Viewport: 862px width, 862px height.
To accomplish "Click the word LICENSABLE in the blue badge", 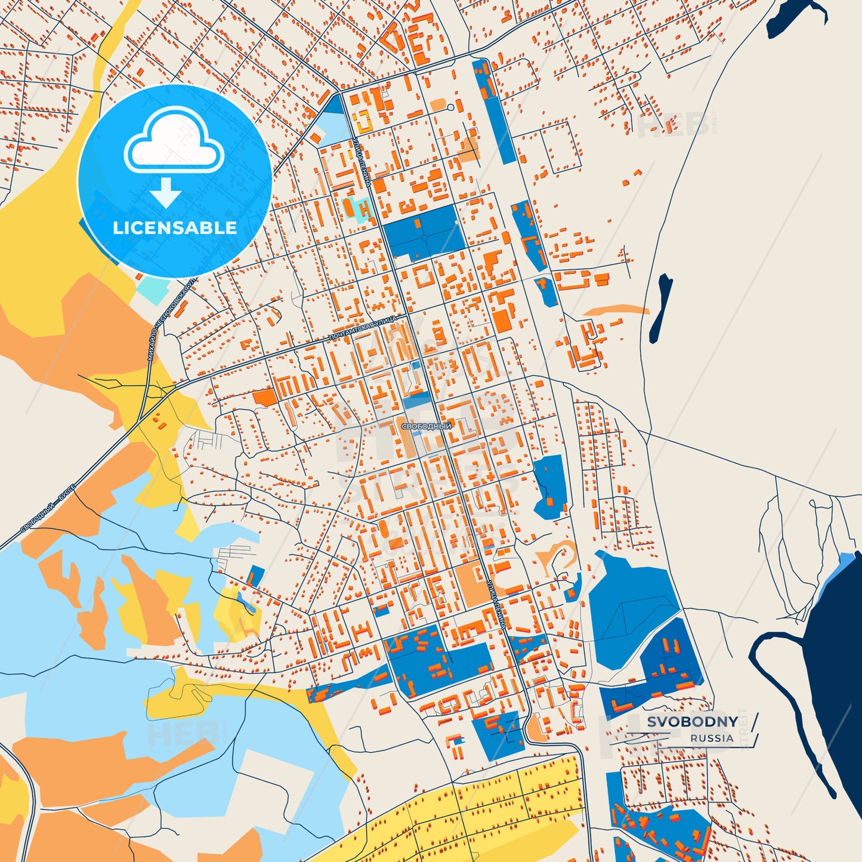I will click(x=175, y=228).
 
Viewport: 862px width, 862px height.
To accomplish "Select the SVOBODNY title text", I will click(x=692, y=722).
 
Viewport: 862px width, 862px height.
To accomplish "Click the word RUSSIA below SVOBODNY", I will click(x=712, y=738).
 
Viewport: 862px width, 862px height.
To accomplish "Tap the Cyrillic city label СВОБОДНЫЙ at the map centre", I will click(x=426, y=427).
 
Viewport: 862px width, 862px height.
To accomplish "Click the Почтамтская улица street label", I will click(x=363, y=329).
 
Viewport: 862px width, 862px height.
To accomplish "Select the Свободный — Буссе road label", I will click(x=48, y=508).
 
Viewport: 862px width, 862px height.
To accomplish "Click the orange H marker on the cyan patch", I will click(x=364, y=209).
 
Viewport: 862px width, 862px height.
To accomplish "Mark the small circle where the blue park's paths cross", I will click(x=424, y=237).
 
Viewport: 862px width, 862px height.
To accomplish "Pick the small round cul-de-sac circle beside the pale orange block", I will click(x=450, y=107).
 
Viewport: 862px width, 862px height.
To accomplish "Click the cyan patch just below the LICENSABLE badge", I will click(x=156, y=289).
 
